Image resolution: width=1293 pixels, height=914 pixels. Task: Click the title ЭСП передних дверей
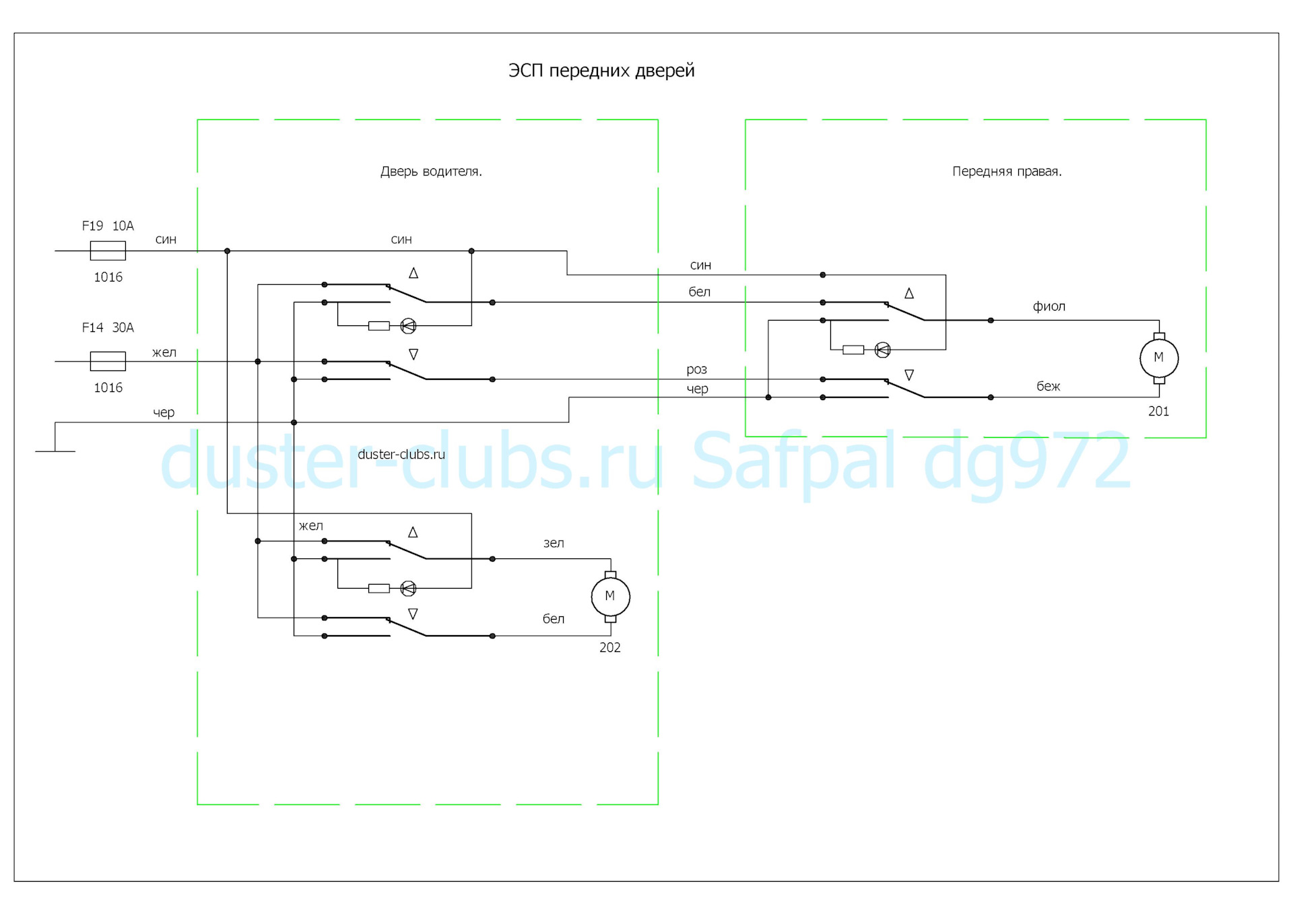[x=601, y=71]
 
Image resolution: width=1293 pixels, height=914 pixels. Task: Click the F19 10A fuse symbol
[x=108, y=251]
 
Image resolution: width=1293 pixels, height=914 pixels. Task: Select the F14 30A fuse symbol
[x=108, y=361]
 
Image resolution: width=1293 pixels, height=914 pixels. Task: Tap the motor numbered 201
[x=1158, y=358]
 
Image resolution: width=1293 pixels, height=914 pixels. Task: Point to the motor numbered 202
[x=610, y=596]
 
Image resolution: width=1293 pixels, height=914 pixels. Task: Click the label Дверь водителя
[x=431, y=172]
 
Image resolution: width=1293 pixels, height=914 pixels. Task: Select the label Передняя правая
[x=1007, y=172]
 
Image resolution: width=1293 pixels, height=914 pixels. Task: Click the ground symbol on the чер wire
[x=55, y=450]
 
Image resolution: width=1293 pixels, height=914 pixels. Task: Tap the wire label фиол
[x=1049, y=306]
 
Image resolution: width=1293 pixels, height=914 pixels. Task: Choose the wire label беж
[x=1048, y=386]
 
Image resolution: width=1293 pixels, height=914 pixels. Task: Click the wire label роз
[x=696, y=369]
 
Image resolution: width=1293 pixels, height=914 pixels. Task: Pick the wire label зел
[x=554, y=543]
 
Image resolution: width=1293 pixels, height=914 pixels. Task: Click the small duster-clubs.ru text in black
[x=401, y=455]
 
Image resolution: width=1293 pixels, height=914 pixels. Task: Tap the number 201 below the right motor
[x=1158, y=411]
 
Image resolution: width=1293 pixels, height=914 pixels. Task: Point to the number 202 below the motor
[x=610, y=647]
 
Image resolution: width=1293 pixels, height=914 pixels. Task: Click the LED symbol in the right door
[x=882, y=350]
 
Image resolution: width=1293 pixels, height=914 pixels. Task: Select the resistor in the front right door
[x=853, y=350]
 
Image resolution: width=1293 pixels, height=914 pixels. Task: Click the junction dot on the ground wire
[x=294, y=422]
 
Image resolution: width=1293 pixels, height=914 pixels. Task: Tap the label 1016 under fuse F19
[x=108, y=277]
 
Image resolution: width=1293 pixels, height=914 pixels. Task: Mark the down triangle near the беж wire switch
[x=909, y=375]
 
